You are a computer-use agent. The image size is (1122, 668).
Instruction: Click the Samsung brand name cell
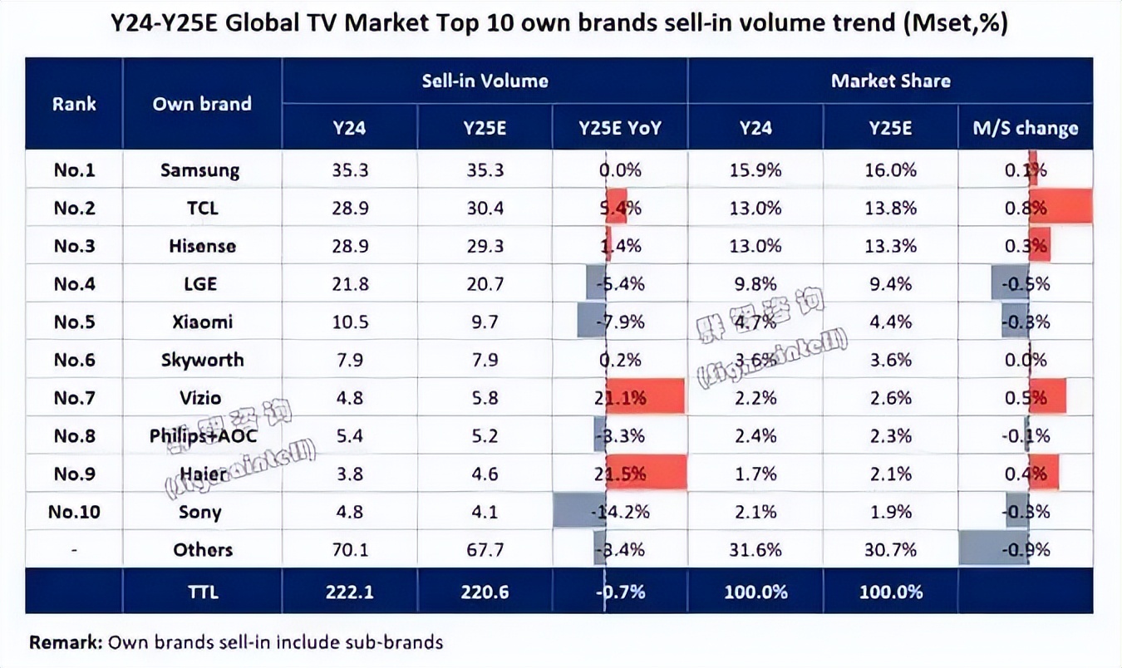pos(200,170)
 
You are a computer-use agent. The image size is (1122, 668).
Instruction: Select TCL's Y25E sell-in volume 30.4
pos(485,209)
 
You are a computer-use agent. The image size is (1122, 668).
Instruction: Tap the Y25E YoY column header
pos(620,128)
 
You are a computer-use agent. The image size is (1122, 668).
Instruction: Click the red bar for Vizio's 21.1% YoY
pos(645,398)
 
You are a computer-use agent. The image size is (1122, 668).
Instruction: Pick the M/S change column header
pos(1025,128)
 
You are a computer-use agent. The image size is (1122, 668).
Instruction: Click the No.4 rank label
pos(74,284)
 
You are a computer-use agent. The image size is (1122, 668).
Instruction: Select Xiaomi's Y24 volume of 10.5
pos(349,322)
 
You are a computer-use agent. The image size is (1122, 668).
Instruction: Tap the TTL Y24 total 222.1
pos(349,592)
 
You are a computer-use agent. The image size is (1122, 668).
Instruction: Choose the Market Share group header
pos(890,81)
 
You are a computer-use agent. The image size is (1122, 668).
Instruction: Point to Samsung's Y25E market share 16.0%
pos(890,170)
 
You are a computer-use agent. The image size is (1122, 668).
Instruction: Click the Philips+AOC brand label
pos(204,436)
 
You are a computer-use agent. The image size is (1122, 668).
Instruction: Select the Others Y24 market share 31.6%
pos(755,550)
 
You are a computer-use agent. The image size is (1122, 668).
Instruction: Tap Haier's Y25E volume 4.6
pos(485,474)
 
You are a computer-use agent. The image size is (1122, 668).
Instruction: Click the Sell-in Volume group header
pos(485,81)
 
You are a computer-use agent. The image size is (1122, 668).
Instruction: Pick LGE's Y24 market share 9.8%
pos(755,284)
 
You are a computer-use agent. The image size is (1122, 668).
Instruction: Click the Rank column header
pos(74,104)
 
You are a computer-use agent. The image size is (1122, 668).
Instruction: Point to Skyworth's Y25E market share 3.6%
pos(890,361)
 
